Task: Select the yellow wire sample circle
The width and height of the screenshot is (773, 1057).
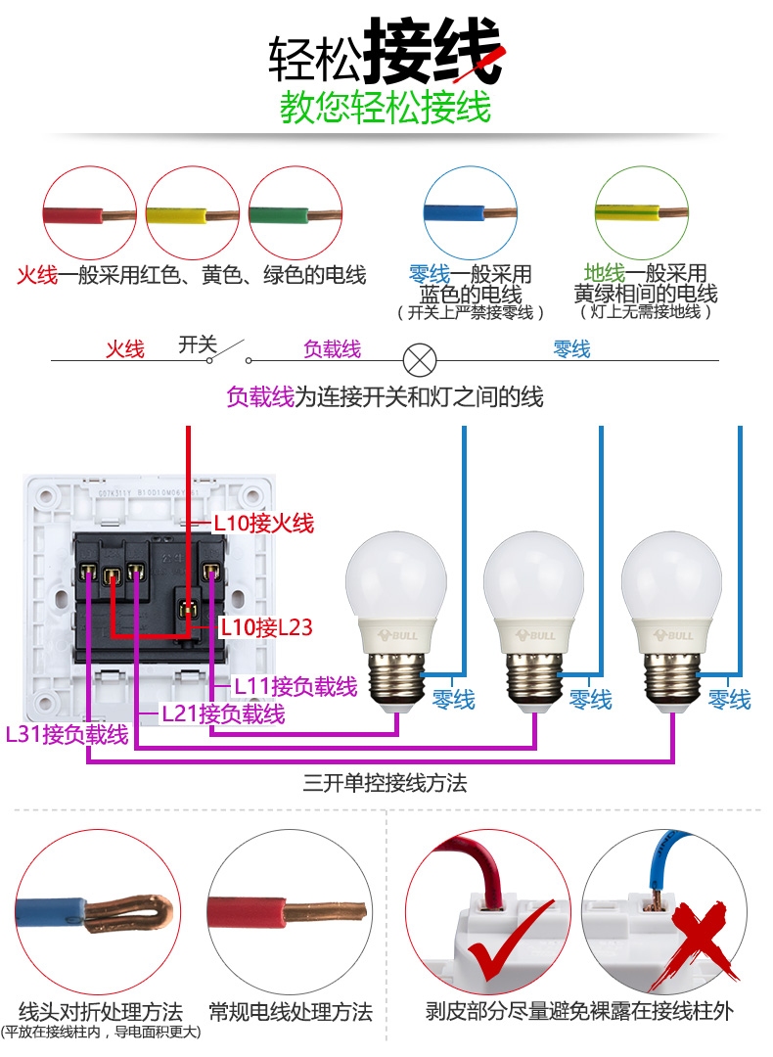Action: click(x=192, y=213)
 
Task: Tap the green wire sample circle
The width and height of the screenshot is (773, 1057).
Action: click(x=295, y=213)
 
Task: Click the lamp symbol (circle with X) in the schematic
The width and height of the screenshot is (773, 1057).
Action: click(x=420, y=359)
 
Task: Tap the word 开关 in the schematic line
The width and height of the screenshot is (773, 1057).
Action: click(x=197, y=345)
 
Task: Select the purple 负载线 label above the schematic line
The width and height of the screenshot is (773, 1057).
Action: click(x=332, y=348)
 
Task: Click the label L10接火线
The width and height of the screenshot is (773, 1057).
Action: click(x=264, y=524)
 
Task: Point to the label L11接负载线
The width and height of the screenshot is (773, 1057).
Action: click(x=296, y=686)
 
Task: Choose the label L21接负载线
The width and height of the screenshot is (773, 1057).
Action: click(x=223, y=713)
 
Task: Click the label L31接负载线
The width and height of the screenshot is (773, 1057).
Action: click(x=67, y=734)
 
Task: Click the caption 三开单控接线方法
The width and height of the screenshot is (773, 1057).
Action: click(x=386, y=783)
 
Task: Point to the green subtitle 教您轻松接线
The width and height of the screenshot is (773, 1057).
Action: click(x=386, y=108)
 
